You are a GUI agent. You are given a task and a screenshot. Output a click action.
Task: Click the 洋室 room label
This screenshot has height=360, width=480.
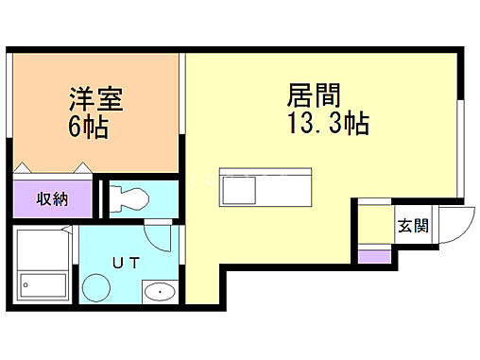[x=95, y=97]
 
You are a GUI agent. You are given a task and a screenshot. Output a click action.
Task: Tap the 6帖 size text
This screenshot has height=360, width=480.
[x=87, y=128]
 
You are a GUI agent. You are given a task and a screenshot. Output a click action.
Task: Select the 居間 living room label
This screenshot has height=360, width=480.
[x=313, y=95]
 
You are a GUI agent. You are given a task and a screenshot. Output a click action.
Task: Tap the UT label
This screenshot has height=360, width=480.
[x=128, y=263]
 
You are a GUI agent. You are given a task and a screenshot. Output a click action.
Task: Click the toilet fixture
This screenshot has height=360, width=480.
[x=128, y=199]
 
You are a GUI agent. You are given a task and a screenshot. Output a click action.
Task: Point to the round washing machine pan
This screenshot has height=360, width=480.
[x=95, y=285]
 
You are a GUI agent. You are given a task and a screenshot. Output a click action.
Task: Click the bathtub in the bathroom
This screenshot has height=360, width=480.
[x=43, y=283]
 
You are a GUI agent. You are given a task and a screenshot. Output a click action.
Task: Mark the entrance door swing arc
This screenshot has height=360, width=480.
[x=443, y=227]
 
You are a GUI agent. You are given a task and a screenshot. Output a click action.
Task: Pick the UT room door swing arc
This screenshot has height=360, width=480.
[x=162, y=236]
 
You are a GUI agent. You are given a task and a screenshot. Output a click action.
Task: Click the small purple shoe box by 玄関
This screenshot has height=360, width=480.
[x=374, y=255]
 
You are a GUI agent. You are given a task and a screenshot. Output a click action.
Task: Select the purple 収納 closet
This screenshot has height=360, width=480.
[x=52, y=199]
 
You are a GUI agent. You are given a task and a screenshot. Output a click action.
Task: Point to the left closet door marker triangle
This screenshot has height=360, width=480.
[x=25, y=169]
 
